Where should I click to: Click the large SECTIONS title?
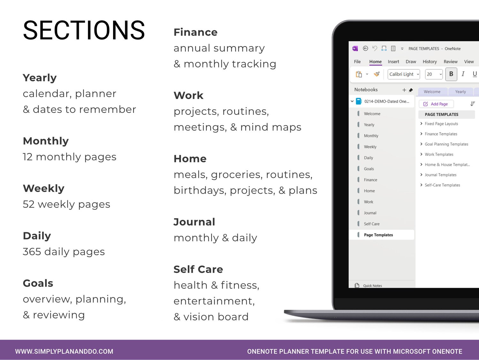coord(84,30)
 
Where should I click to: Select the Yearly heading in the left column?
coord(40,78)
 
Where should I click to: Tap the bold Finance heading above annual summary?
coord(195,32)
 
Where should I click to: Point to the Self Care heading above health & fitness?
coord(198,269)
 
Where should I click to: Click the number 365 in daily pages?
coord(32,252)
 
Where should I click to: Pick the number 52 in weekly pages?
coord(28,204)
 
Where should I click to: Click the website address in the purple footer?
coord(64,351)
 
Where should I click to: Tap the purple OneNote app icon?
coord(355,49)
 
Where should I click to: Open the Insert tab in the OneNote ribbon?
coord(393,62)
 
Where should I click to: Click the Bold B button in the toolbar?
coord(451,74)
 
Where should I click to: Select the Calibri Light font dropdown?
coord(404,74)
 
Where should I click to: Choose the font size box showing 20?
coord(434,74)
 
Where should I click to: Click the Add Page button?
coord(436,104)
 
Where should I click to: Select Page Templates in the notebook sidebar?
coord(378,235)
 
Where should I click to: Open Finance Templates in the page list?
coord(441,134)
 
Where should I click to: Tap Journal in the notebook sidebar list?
coord(370,213)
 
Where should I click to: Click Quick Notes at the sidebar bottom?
coord(372,286)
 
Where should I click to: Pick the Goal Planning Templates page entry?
coord(446,144)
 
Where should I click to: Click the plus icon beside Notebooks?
coord(404,90)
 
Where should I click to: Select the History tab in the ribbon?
coord(430,62)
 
